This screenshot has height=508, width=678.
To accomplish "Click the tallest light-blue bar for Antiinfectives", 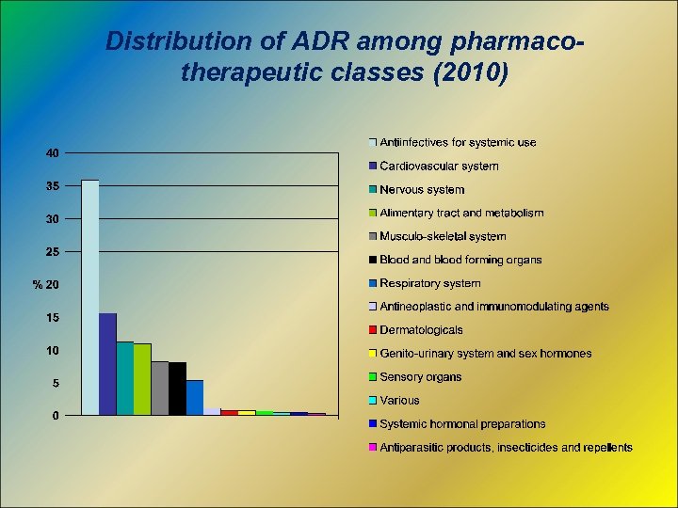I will pos(90,296).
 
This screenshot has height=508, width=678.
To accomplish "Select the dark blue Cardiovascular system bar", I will pos(107,364).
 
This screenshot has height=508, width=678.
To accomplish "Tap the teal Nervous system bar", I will pos(124,378).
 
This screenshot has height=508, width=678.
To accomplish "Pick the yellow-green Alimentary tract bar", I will pos(142,379).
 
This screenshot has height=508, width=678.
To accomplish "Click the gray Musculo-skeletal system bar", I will pos(160,388).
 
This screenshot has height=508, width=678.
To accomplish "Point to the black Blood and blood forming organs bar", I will pos(177,389).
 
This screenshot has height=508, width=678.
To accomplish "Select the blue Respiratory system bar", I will pos(194,397).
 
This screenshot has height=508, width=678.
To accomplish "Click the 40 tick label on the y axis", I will pos(54,152).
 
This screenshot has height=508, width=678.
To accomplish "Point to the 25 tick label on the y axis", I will pos(54,252).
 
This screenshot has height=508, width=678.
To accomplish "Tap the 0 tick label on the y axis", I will pos(56,416).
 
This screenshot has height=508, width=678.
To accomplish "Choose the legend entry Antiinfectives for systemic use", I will pos(458,143).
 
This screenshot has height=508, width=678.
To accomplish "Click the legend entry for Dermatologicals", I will pos(421,330).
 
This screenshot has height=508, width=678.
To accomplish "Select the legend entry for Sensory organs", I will pos(420,377).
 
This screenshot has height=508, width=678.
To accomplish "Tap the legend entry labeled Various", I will pos(399,401).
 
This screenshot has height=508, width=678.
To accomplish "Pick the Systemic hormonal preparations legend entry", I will pos(462,424).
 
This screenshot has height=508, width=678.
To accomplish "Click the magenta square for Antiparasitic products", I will pos(373,448).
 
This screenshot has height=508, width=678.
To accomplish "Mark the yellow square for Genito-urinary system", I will pos(373,354).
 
